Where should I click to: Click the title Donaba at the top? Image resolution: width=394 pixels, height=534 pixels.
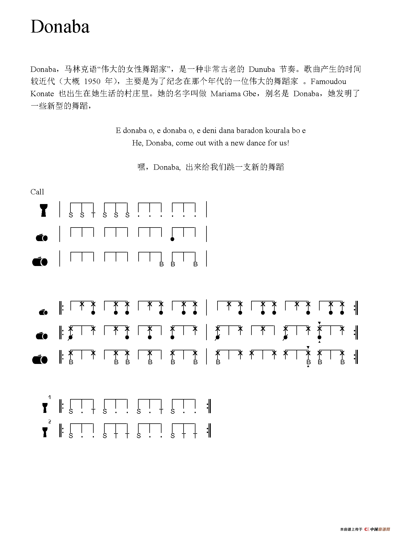click(60, 27)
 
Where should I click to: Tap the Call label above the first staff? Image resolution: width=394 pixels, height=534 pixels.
click(37, 192)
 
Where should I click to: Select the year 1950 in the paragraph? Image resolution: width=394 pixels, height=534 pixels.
click(92, 82)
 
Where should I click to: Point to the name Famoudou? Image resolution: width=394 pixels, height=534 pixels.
click(328, 82)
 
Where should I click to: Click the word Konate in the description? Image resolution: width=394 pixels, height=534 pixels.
click(42, 94)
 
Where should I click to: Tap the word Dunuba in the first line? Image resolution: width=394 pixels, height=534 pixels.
click(262, 69)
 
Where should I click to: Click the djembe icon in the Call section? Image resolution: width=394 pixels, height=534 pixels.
click(44, 210)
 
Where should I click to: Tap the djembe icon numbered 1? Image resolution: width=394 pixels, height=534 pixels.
click(45, 408)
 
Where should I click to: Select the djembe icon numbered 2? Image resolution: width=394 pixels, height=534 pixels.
click(45, 432)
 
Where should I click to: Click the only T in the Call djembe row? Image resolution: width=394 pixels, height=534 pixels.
click(93, 215)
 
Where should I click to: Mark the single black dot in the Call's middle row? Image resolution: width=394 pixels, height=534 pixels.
click(173, 239)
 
